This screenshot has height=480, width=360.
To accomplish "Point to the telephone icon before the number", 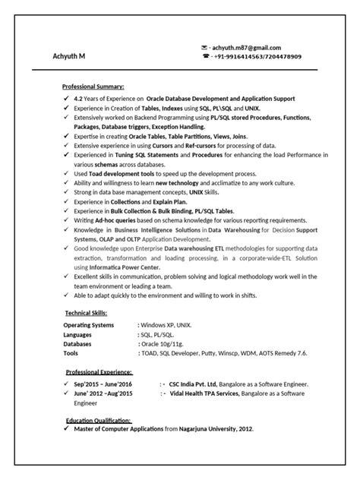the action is point(205,56).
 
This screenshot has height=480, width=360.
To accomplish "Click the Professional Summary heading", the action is point(93,87).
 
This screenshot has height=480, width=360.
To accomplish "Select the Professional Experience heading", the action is point(99,372).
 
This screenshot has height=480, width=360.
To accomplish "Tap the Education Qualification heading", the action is point(98,419).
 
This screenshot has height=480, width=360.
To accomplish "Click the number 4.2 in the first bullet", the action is point(78,99).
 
